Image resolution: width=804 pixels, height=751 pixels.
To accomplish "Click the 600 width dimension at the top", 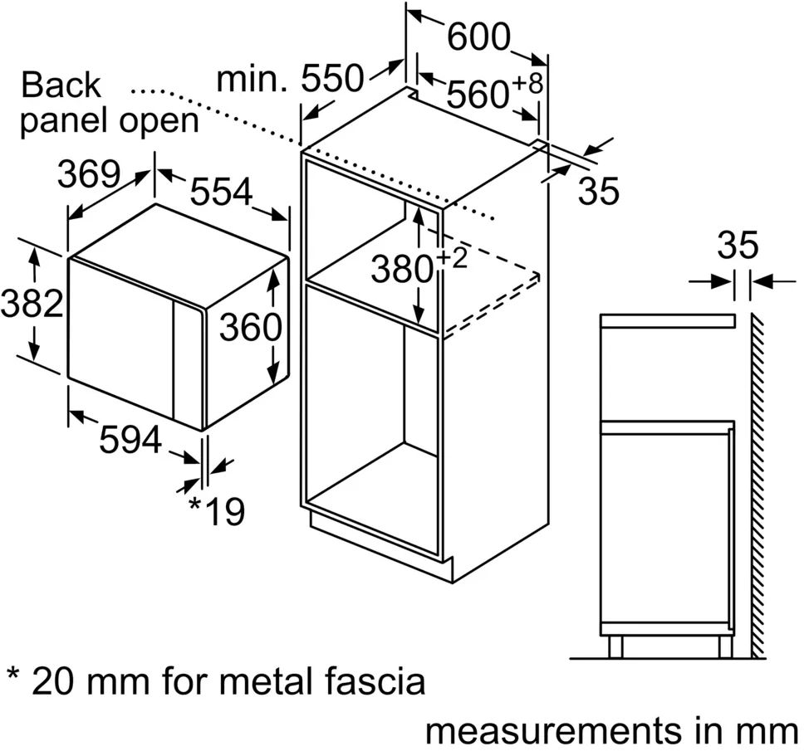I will click(x=478, y=36).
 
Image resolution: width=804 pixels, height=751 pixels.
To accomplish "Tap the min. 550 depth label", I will click(x=290, y=79).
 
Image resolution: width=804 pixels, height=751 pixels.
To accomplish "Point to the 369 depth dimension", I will click(x=90, y=173).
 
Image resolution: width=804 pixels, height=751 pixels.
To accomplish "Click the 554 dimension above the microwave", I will click(x=221, y=192).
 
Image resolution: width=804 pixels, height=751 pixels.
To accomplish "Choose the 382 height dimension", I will click(x=31, y=304).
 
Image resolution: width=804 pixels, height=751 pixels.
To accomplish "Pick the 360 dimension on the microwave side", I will click(x=250, y=328).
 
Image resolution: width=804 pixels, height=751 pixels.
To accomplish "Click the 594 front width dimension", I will click(x=130, y=440).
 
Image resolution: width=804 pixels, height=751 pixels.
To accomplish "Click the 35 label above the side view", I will click(x=738, y=246).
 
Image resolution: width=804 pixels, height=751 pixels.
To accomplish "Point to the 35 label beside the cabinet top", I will click(x=598, y=192).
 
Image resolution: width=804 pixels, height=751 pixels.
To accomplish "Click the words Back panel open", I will click(x=109, y=103).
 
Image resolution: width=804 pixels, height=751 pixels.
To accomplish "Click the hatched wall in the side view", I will click(x=757, y=481).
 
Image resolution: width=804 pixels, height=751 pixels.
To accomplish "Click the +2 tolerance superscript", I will click(x=451, y=257).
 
